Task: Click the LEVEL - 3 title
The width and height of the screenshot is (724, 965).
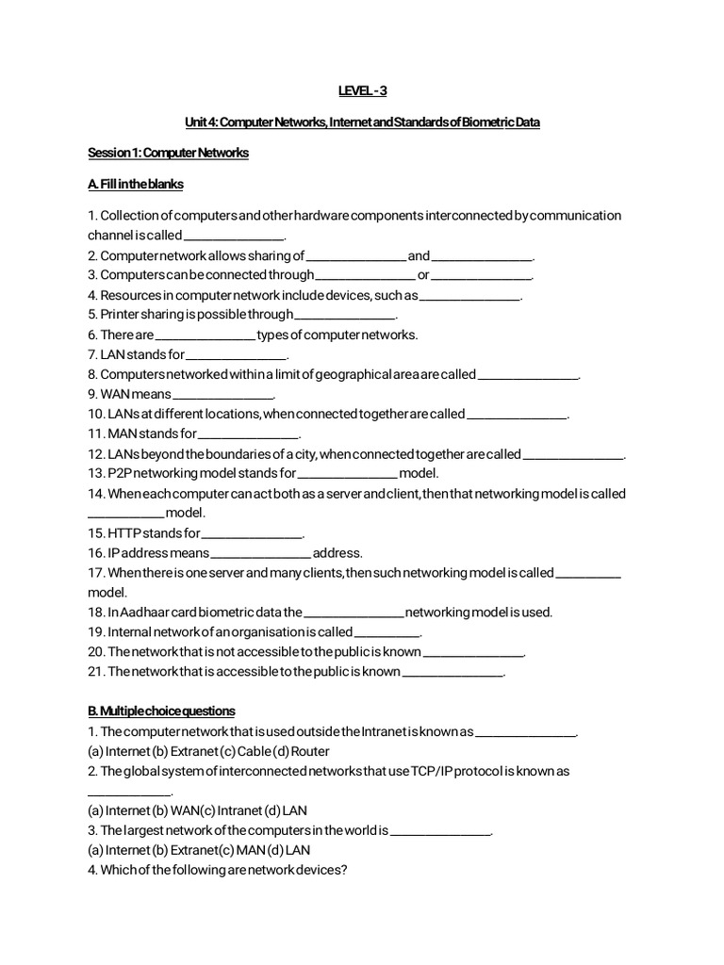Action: click(x=362, y=90)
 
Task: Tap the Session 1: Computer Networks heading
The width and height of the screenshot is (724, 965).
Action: click(x=168, y=153)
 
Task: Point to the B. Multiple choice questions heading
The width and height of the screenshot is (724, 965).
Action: click(x=161, y=711)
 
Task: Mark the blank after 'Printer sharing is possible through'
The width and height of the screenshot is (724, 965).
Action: click(x=345, y=316)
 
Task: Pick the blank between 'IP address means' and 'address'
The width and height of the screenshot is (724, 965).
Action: click(x=260, y=553)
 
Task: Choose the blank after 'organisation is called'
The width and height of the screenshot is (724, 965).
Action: click(x=387, y=632)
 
